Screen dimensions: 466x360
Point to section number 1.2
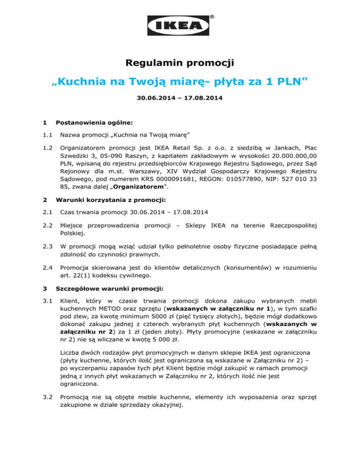click(x=46, y=147)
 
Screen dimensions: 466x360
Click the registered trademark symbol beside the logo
click(x=212, y=17)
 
